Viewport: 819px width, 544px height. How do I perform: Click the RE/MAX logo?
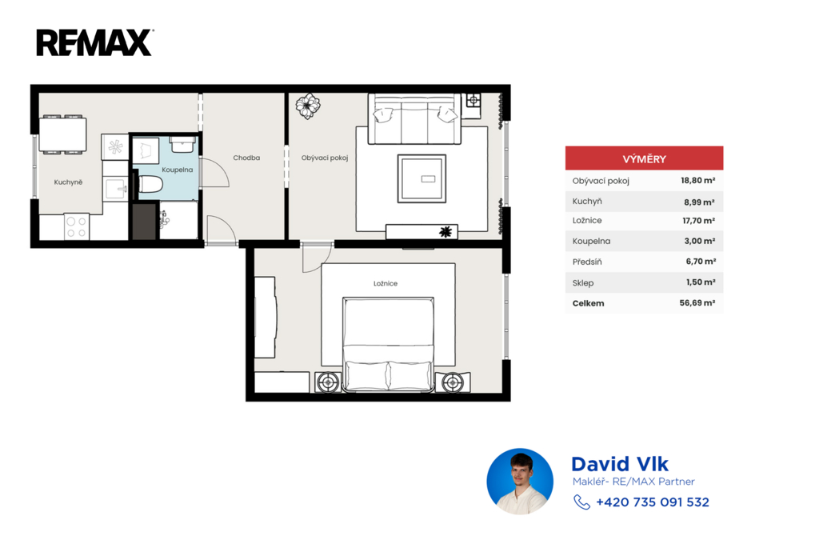click(x=94, y=42)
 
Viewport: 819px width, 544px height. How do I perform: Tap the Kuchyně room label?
click(x=69, y=182)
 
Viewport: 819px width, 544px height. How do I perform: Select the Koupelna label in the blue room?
click(x=177, y=170)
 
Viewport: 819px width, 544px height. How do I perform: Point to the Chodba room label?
click(x=246, y=158)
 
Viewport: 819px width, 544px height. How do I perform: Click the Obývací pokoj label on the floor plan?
click(x=325, y=158)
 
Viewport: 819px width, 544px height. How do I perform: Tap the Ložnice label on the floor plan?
click(x=386, y=283)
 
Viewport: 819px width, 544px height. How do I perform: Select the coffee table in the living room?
click(x=421, y=178)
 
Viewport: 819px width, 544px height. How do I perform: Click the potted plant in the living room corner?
click(x=308, y=106)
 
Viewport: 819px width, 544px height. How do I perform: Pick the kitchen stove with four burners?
click(x=76, y=226)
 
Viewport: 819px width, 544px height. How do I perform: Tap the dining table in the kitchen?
click(x=62, y=134)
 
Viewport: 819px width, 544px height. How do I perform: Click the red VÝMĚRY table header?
click(x=644, y=158)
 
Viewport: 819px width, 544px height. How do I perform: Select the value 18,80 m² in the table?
click(x=697, y=181)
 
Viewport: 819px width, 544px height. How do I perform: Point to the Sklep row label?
click(x=583, y=282)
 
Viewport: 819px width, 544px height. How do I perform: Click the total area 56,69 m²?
click(x=697, y=303)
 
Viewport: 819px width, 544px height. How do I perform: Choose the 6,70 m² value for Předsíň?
click(x=701, y=262)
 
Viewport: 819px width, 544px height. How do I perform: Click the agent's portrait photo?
click(x=520, y=482)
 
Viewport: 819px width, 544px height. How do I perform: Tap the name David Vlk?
click(x=620, y=464)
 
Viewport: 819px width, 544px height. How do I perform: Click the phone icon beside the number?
click(x=581, y=502)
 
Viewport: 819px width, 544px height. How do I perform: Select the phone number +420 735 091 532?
click(x=653, y=502)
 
